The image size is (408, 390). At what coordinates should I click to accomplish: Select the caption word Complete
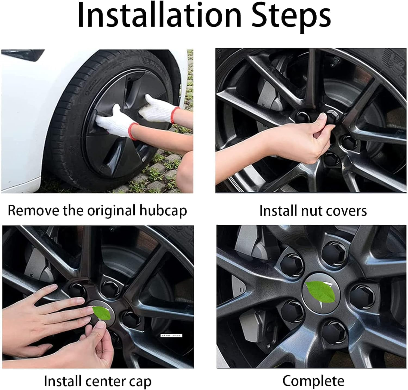point(313,381)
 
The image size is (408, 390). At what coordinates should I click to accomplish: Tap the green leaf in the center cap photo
point(102,313)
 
